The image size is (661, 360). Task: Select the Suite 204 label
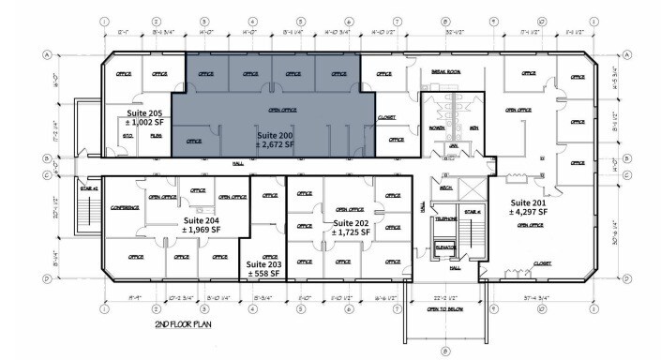(x=203, y=220)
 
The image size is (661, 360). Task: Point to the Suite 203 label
(x=263, y=265)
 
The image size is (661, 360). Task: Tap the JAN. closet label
(x=453, y=146)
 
